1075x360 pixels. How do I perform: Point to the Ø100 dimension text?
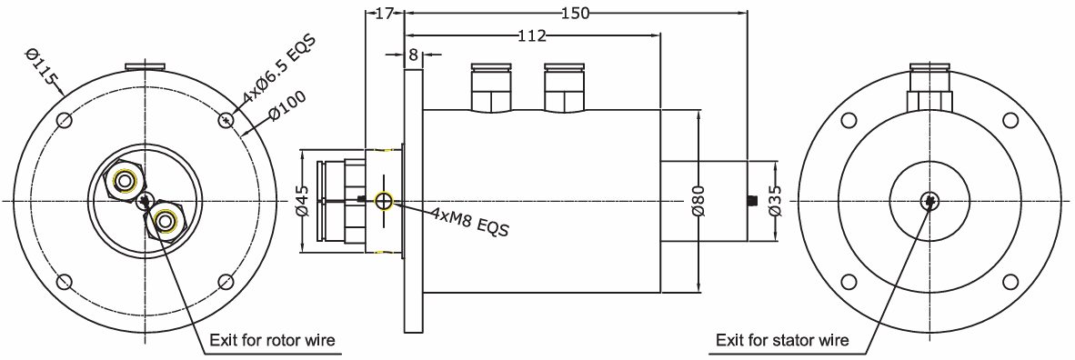pos(287,108)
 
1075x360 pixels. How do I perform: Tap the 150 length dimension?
pos(575,13)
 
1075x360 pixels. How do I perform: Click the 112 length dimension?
pos(531,35)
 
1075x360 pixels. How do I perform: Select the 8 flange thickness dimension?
pos(413,55)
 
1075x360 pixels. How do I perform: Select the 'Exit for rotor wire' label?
pos(273,341)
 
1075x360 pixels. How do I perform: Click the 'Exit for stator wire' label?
pos(782,341)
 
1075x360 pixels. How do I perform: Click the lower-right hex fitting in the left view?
pos(166,219)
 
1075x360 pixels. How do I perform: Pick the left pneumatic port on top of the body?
pos(491,87)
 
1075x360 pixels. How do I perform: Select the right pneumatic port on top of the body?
pos(563,87)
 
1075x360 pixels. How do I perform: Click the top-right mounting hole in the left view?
pos(226,119)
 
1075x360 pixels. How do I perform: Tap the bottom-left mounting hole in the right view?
pos(849,281)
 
